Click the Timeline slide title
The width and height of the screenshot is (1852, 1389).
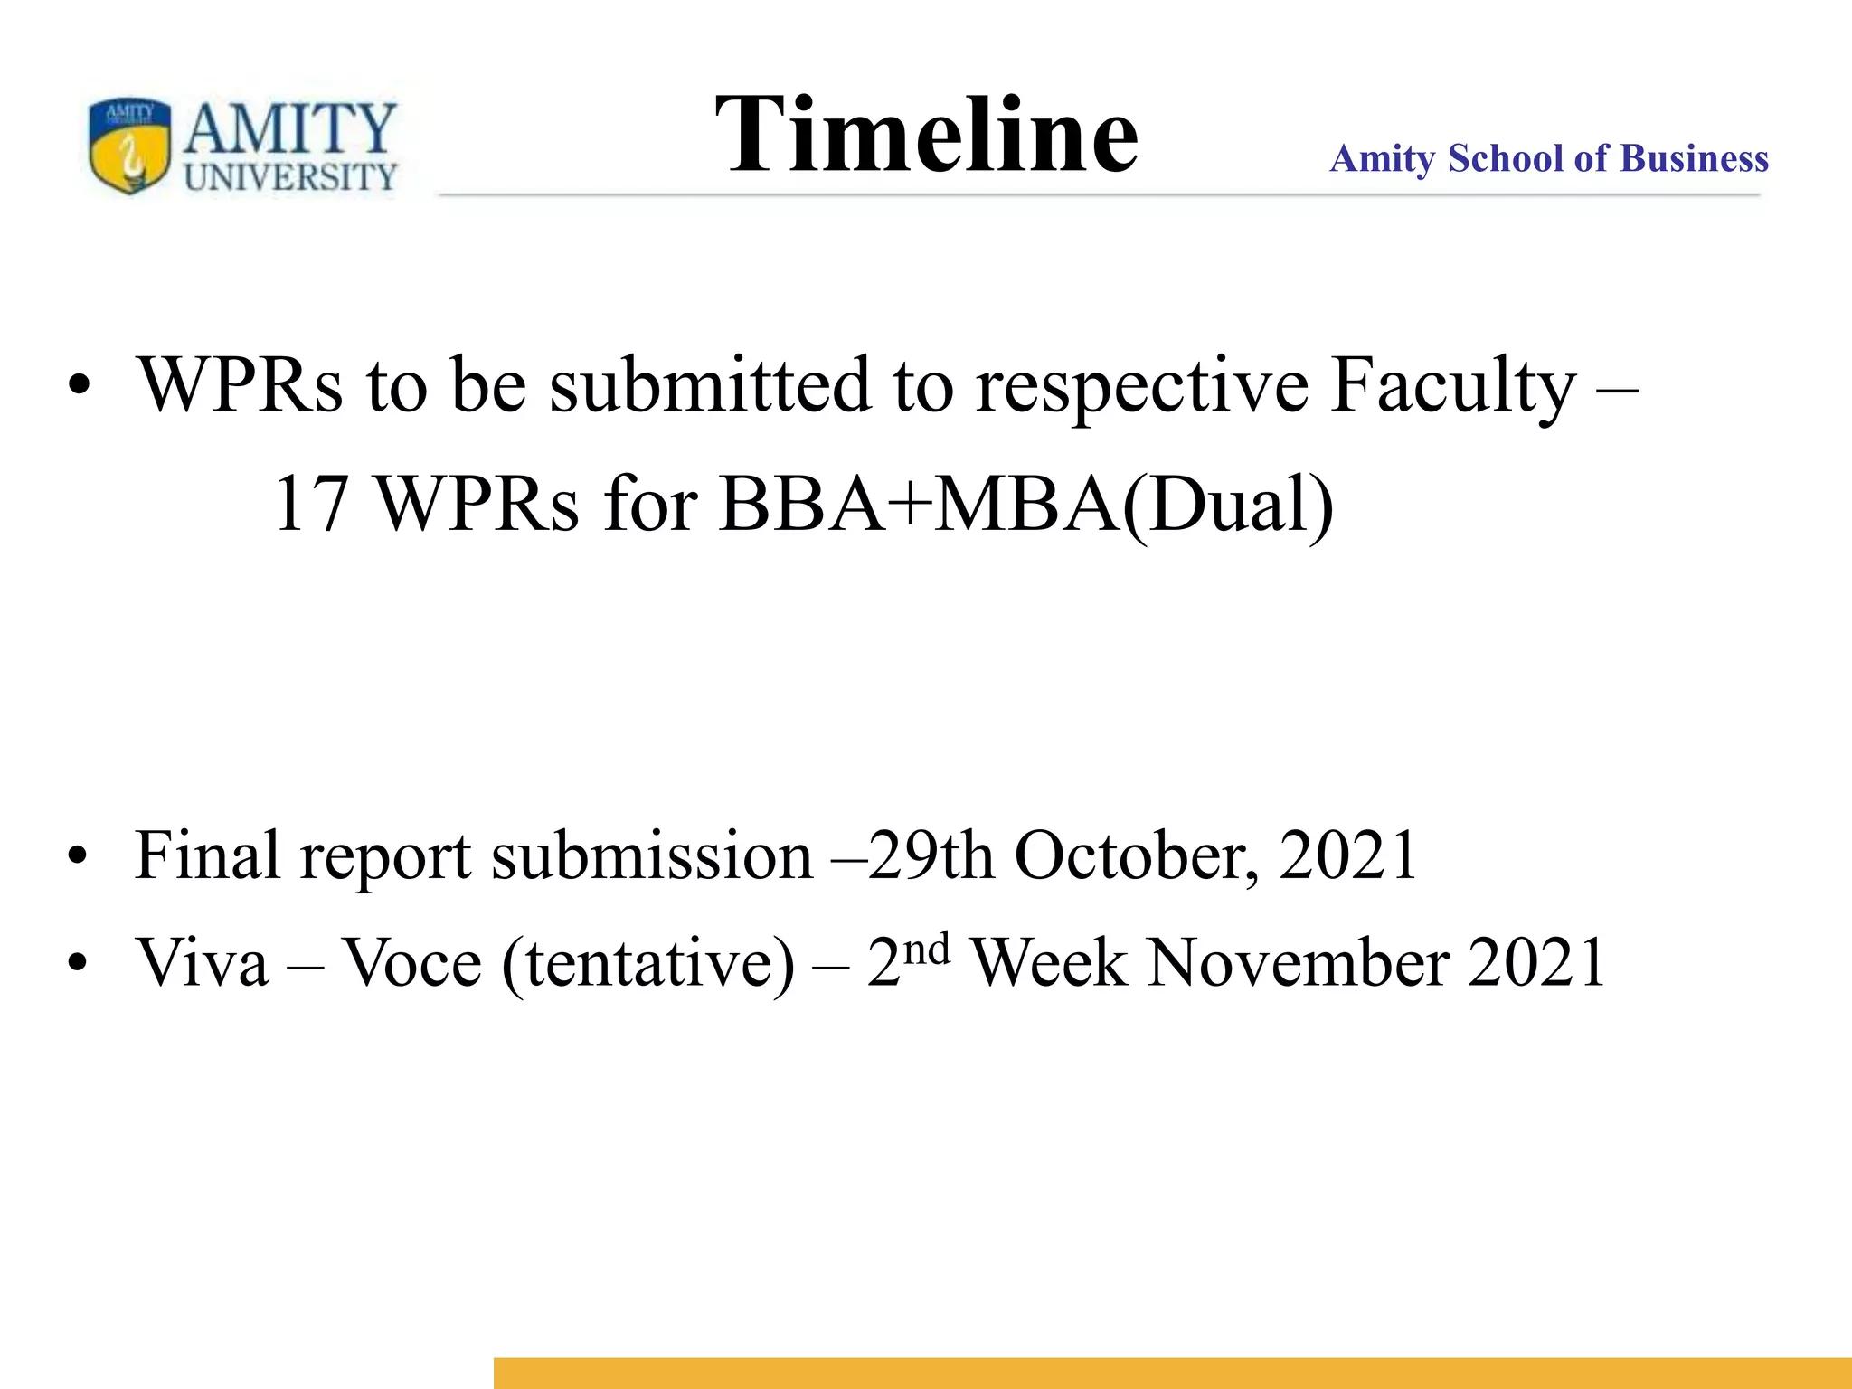[x=926, y=136]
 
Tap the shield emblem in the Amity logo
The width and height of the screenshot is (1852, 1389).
[x=129, y=145]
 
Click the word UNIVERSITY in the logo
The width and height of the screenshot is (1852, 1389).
[x=290, y=176]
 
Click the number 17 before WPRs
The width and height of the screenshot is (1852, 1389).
[x=310, y=505]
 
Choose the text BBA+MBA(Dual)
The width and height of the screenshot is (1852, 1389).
[x=1026, y=505]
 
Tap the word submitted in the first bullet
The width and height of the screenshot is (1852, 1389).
[x=711, y=385]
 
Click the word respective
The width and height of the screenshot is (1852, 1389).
[x=1141, y=387]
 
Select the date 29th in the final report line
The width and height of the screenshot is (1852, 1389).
[x=931, y=855]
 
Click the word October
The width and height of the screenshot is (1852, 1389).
[x=1136, y=855]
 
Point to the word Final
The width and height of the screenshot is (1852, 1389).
[x=207, y=855]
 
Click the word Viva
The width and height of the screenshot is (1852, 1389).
[x=203, y=962]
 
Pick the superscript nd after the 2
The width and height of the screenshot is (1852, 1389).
[x=927, y=950]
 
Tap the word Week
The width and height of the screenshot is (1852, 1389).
[x=1048, y=962]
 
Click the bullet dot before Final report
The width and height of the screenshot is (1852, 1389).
[x=79, y=855]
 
